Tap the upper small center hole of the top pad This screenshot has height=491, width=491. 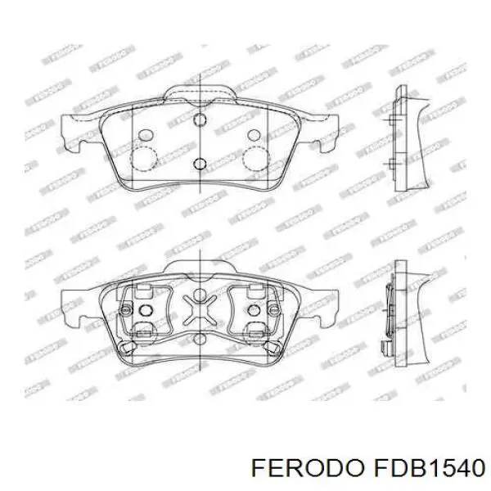199,120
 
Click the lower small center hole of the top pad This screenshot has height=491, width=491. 199,163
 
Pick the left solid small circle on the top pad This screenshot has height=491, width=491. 146,134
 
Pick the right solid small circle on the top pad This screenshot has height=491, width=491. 253,134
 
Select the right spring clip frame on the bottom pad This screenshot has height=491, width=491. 256,311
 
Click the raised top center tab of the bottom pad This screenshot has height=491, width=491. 200,266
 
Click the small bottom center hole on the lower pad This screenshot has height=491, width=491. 200,336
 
